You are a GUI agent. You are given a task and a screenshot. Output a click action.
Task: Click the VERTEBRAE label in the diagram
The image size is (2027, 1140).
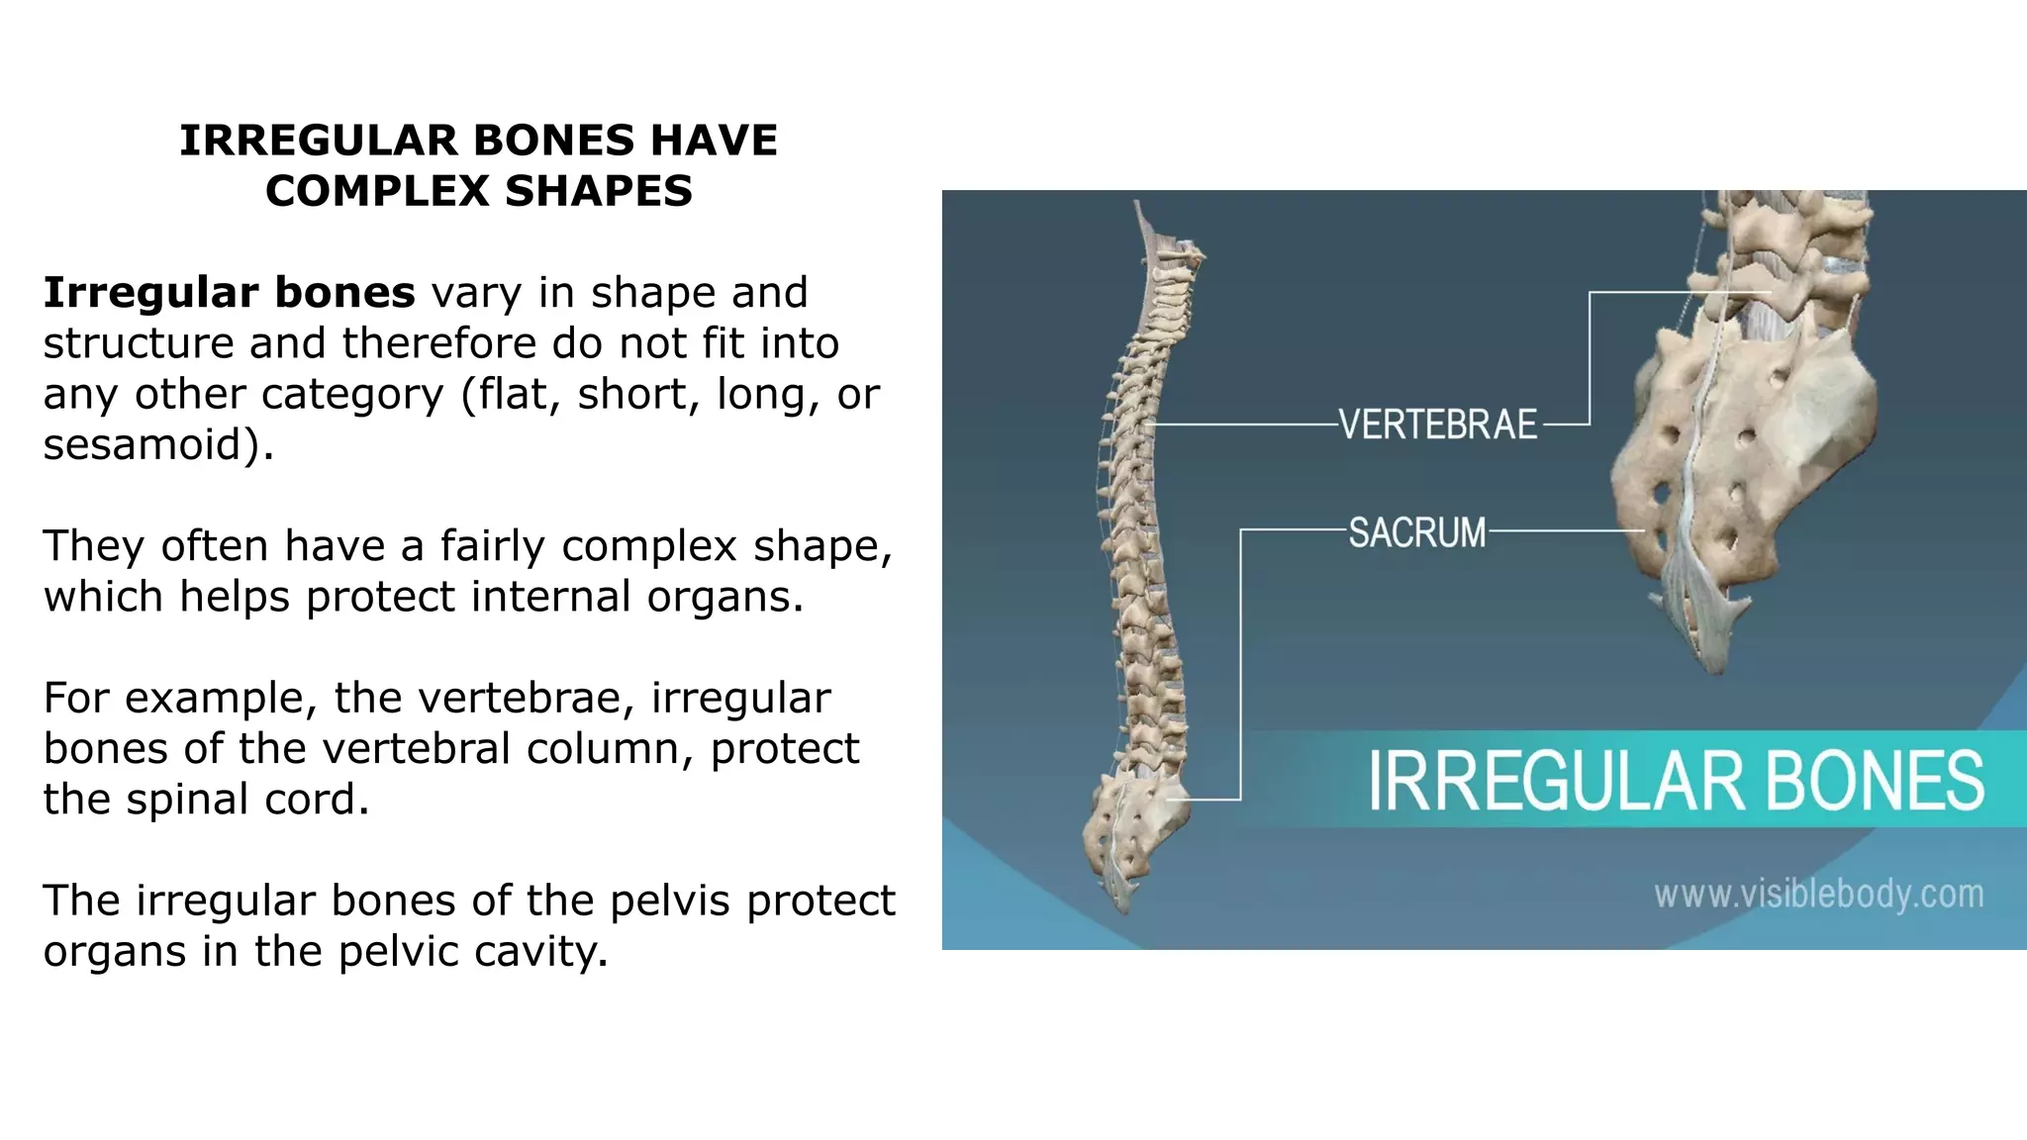click(1438, 425)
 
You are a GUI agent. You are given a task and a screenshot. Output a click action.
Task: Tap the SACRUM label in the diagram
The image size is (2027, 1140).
click(1417, 532)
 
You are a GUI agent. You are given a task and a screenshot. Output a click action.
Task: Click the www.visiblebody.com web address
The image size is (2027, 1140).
click(1818, 895)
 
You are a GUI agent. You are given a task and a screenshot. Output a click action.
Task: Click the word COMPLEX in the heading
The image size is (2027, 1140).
click(378, 191)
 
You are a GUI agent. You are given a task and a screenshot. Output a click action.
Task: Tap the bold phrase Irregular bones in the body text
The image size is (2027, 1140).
click(229, 293)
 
